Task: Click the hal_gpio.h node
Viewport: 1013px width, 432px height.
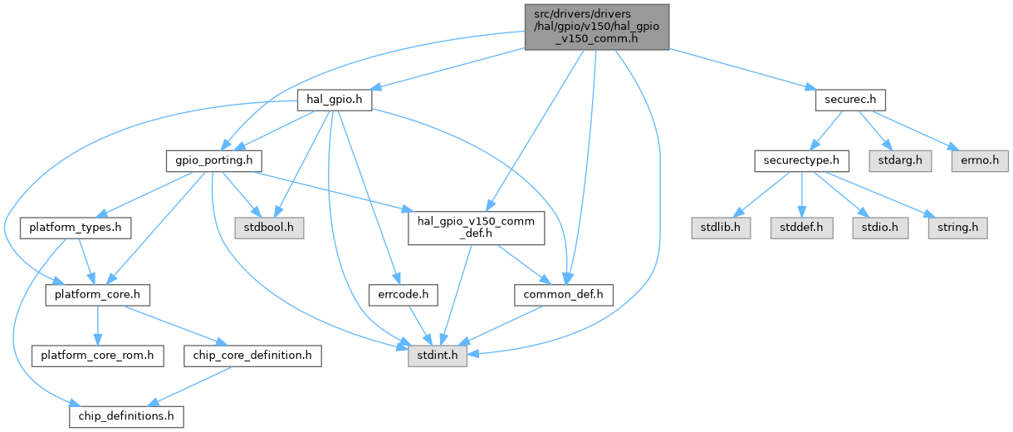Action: (334, 101)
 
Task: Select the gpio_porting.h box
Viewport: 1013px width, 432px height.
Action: (214, 160)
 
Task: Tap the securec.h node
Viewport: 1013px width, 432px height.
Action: (845, 101)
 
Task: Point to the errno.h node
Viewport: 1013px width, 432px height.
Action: (979, 160)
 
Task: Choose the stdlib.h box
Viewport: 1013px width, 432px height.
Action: (721, 227)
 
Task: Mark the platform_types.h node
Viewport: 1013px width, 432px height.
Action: (76, 227)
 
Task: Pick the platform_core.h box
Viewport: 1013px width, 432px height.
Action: (97, 294)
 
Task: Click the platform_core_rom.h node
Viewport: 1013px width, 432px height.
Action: (97, 356)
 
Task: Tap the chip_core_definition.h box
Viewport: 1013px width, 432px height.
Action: (252, 356)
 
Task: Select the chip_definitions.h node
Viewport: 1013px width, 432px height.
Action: (125, 415)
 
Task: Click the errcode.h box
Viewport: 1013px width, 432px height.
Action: (403, 294)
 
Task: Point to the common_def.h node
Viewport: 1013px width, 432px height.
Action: (564, 294)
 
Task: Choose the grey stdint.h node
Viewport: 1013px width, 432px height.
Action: (438, 356)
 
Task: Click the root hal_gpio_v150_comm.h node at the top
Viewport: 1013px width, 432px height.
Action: (595, 25)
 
